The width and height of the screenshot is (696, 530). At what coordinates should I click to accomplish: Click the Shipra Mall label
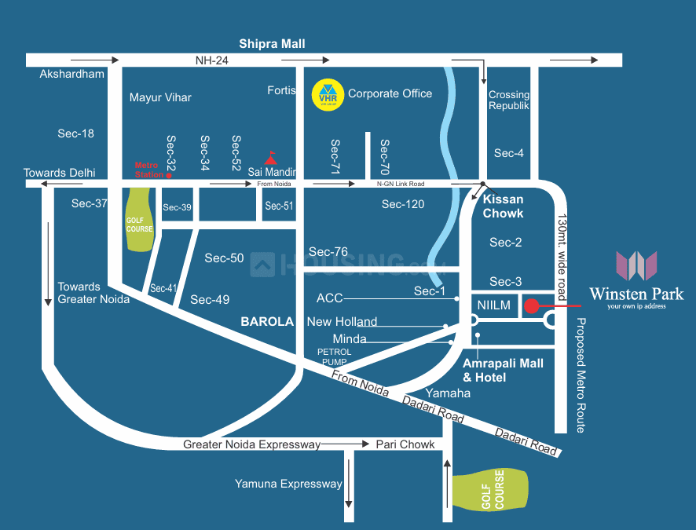[272, 44]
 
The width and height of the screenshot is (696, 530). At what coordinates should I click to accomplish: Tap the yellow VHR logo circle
[325, 93]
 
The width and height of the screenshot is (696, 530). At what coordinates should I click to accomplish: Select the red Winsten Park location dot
[532, 306]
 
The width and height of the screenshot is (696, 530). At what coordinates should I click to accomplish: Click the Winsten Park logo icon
[636, 265]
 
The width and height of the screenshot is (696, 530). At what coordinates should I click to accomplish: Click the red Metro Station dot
[168, 176]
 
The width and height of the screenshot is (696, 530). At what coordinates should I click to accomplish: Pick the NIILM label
[493, 305]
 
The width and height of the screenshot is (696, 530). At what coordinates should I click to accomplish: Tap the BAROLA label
[267, 322]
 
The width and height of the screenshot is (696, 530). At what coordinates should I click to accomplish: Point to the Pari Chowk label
[405, 444]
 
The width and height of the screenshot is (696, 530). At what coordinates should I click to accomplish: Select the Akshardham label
[71, 74]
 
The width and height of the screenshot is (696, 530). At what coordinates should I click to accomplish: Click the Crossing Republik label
[509, 100]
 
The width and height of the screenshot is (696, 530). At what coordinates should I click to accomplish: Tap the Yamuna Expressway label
[288, 484]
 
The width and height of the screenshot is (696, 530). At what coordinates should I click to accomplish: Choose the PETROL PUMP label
[334, 357]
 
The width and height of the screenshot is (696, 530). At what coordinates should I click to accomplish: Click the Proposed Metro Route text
[581, 375]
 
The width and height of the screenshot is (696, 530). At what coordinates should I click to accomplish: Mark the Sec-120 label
[403, 204]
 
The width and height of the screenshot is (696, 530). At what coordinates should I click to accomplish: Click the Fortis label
[281, 90]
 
